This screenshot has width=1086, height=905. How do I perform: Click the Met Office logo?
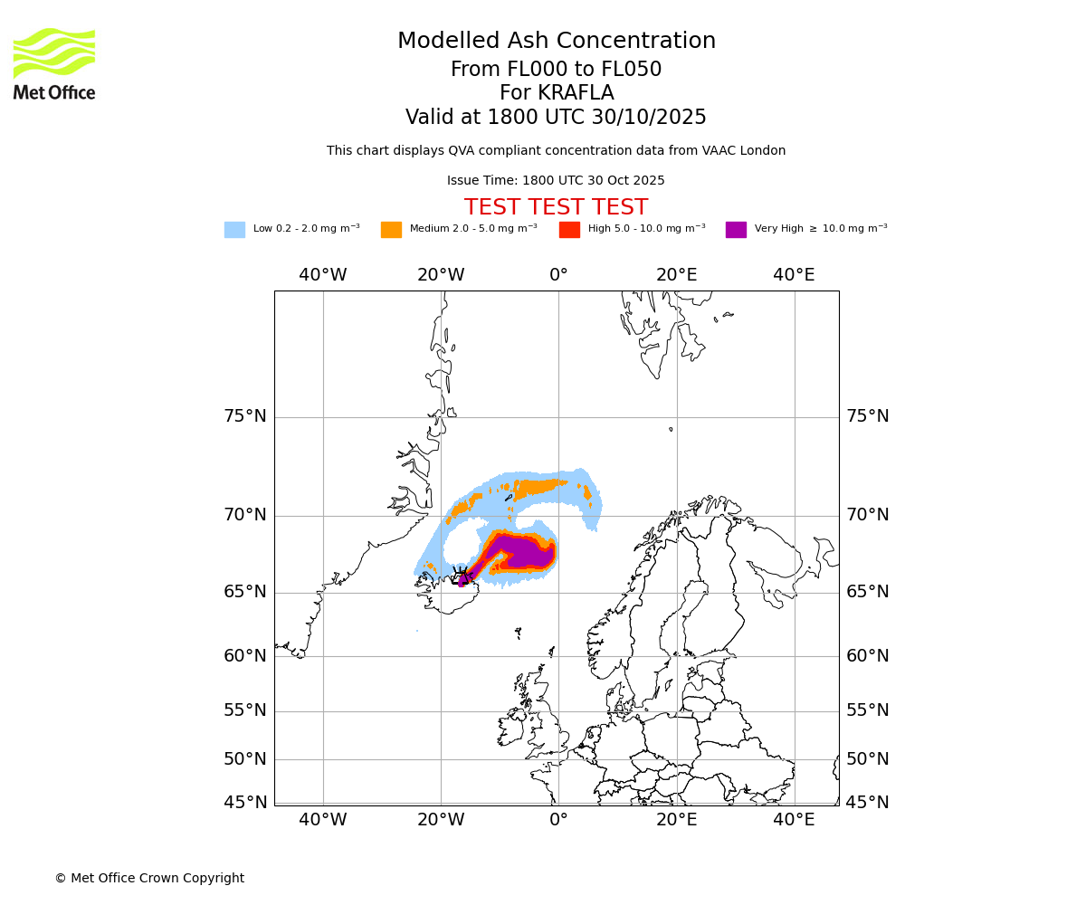click(54, 63)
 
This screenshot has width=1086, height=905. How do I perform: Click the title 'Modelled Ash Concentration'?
click(556, 42)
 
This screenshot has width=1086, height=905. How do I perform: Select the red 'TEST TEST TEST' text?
click(556, 207)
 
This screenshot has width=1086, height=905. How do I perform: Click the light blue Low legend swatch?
click(234, 230)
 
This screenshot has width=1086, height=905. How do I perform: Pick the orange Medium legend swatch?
click(391, 230)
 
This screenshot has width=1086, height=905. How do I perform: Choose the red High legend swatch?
click(569, 230)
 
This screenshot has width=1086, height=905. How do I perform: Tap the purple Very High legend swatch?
click(736, 230)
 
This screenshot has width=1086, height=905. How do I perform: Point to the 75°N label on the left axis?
click(245, 416)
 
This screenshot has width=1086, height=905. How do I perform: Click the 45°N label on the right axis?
click(867, 803)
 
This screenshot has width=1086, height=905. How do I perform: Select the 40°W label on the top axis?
click(323, 275)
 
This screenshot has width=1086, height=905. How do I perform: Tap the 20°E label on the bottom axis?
click(676, 820)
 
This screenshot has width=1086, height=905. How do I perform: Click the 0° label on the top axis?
click(558, 275)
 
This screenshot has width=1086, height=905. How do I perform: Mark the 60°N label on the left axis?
click(245, 656)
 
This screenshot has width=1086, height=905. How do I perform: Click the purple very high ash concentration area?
click(525, 552)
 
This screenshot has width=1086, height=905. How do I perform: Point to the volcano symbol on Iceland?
click(462, 577)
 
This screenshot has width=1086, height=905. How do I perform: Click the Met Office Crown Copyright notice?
click(149, 878)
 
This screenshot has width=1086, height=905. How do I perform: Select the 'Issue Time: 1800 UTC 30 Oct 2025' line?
click(556, 181)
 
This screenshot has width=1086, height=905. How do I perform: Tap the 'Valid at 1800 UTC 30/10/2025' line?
click(556, 118)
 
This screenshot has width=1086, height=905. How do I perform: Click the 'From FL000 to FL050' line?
click(556, 70)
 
